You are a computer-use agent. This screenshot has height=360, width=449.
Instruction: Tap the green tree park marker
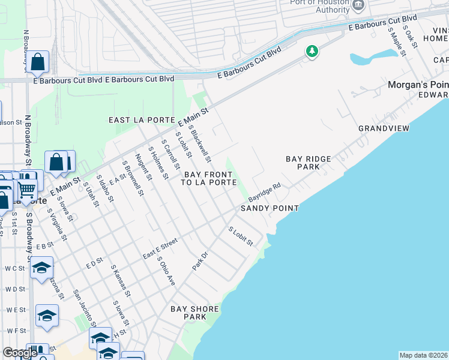[312, 52]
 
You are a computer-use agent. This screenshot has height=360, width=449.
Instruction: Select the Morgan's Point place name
[418, 85]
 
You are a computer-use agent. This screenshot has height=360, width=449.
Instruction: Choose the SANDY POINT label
[270, 208]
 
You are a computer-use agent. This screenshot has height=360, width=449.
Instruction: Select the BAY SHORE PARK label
[194, 313]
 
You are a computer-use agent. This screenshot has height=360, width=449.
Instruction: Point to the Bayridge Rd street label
[265, 192]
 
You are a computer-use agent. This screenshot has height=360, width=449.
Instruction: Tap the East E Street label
[160, 248]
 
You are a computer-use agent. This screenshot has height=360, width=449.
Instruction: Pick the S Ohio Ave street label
[166, 271]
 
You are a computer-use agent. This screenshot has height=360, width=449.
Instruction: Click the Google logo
[20, 352]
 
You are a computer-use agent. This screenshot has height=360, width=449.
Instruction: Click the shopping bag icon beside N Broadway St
[37, 62]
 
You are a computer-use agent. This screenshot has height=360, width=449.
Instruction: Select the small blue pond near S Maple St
[372, 58]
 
